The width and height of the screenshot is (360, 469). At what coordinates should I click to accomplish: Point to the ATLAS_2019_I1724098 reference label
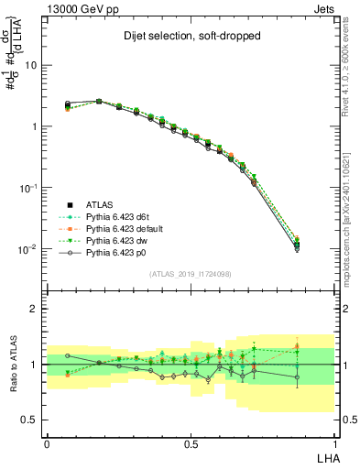click(x=190, y=274)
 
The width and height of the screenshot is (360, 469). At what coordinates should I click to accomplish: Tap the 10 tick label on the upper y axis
click(x=31, y=66)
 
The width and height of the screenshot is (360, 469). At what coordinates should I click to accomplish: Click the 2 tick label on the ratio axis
click(x=35, y=310)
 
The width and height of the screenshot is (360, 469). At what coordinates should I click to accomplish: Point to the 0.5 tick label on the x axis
click(x=191, y=442)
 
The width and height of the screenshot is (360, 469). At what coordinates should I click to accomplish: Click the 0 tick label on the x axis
click(x=47, y=442)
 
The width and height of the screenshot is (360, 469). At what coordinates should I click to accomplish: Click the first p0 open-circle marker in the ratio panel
click(x=68, y=354)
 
